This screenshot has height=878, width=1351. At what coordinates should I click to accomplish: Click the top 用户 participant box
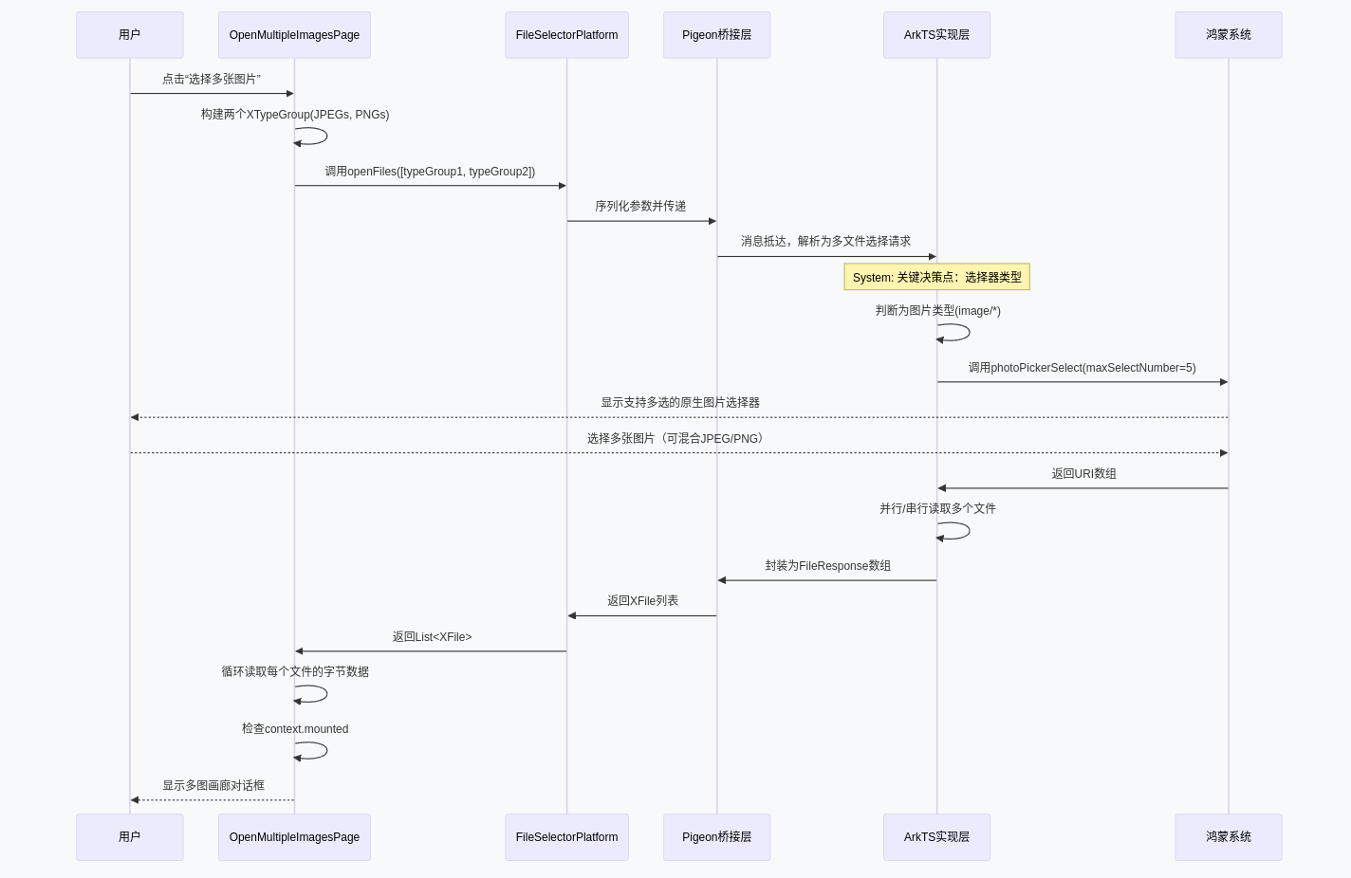pyautogui.click(x=130, y=35)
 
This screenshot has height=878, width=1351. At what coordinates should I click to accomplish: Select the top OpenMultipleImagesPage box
pyautogui.click(x=294, y=35)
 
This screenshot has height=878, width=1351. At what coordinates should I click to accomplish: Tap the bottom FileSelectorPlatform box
pyautogui.click(x=566, y=837)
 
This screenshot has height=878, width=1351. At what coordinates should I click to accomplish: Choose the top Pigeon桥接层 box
pyautogui.click(x=716, y=35)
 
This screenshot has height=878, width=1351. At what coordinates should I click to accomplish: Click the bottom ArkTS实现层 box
pyautogui.click(x=936, y=837)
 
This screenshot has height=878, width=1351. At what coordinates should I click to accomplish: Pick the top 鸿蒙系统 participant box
pyautogui.click(x=1228, y=35)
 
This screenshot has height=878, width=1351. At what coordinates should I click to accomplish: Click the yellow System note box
pyautogui.click(x=936, y=277)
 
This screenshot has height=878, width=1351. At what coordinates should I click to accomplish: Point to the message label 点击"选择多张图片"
pyautogui.click(x=212, y=80)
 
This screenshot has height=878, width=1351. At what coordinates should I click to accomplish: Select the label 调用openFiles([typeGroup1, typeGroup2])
pyautogui.click(x=430, y=172)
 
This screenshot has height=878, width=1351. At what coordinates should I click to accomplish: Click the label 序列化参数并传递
pyautogui.click(x=640, y=207)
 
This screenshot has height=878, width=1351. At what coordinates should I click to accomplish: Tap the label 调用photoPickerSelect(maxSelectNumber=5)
pyautogui.click(x=1082, y=368)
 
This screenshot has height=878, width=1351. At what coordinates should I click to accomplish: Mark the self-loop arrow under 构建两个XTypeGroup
pyautogui.click(x=313, y=137)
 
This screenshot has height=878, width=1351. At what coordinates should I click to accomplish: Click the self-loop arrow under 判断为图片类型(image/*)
pyautogui.click(x=955, y=333)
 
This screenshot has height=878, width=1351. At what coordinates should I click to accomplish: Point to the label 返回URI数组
pyautogui.click(x=1083, y=474)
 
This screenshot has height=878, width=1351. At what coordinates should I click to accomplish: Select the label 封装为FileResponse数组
pyautogui.click(x=827, y=566)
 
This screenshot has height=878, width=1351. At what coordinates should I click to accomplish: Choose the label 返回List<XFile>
pyautogui.click(x=432, y=637)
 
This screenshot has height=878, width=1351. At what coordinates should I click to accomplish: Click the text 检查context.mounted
pyautogui.click(x=295, y=729)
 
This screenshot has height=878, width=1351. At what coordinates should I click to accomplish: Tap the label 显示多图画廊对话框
pyautogui.click(x=213, y=786)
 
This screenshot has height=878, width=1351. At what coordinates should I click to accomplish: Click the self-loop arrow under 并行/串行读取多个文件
pyautogui.click(x=955, y=531)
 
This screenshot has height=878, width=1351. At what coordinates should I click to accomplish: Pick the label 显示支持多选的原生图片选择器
pyautogui.click(x=679, y=403)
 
